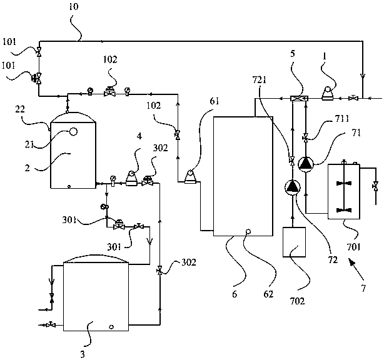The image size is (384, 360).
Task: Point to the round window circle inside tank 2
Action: [73, 132]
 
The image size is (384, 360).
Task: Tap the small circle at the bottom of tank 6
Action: [248, 232]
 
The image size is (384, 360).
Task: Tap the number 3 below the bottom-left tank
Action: [83, 354]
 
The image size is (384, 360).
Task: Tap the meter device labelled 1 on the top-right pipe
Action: [326, 94]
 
